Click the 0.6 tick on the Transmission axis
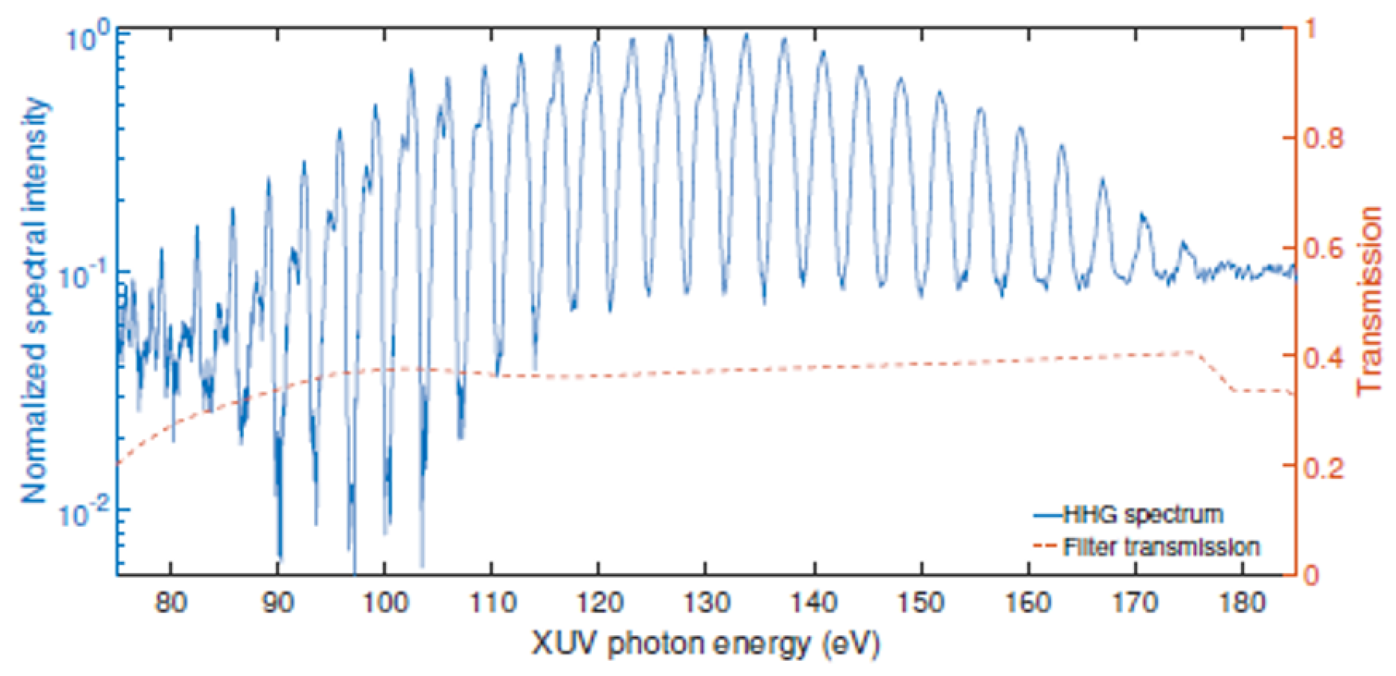coord(1322,249)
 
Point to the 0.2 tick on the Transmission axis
coord(1322,467)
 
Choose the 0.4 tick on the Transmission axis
coord(1322,358)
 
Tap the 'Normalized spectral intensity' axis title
coord(35,301)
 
